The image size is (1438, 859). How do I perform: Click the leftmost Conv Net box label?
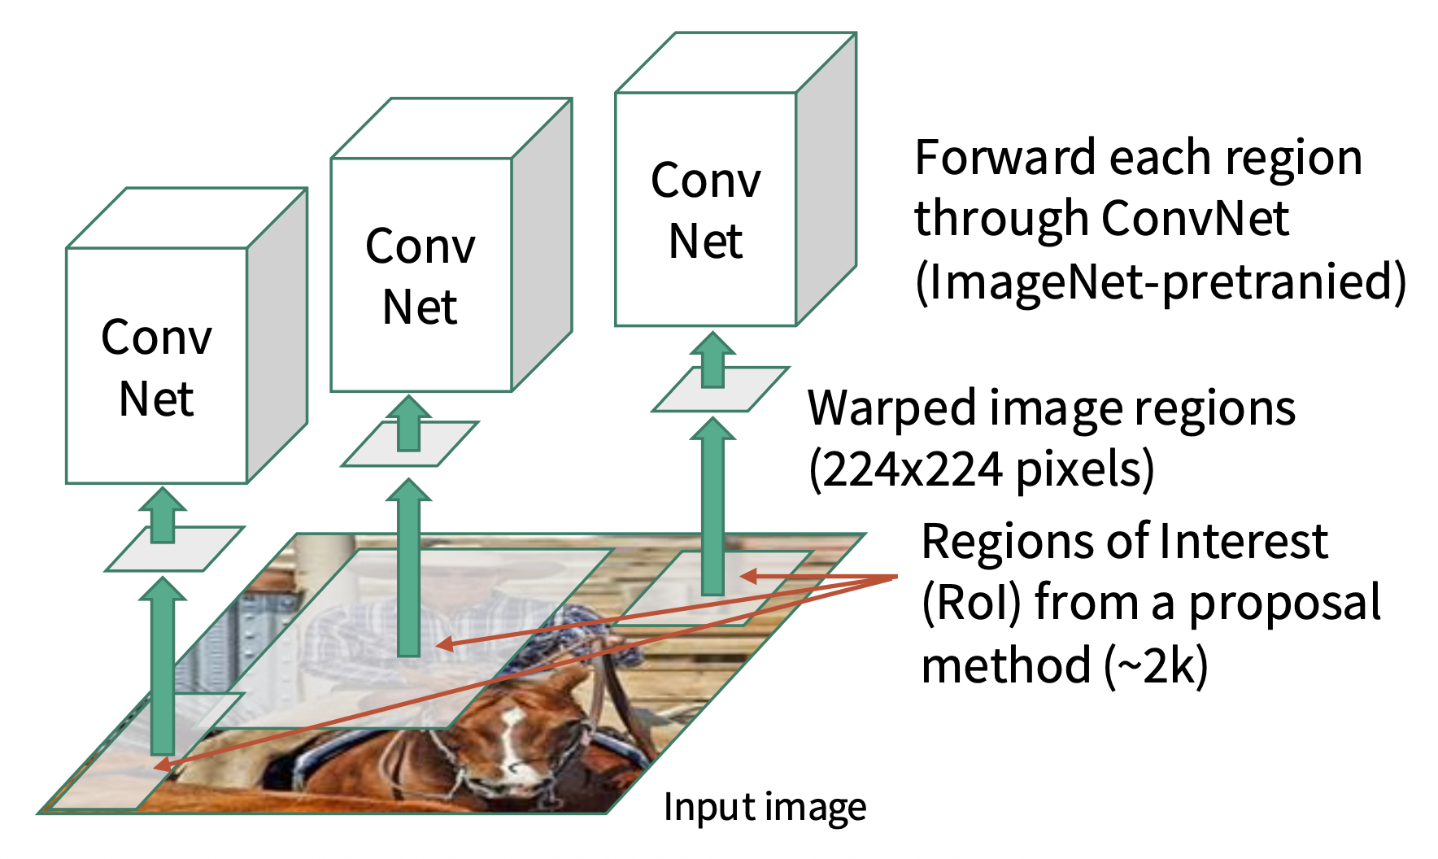[156, 368]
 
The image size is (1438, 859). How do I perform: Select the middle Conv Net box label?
[420, 277]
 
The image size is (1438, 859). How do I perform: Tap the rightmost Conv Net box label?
[705, 210]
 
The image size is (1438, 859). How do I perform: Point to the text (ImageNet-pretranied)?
[1161, 282]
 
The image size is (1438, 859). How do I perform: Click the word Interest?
[1244, 542]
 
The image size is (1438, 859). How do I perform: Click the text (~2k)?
[1156, 666]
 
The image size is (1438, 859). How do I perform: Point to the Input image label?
[765, 807]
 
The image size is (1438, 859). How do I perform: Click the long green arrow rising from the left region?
[163, 667]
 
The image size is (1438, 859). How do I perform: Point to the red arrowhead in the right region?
[748, 576]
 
